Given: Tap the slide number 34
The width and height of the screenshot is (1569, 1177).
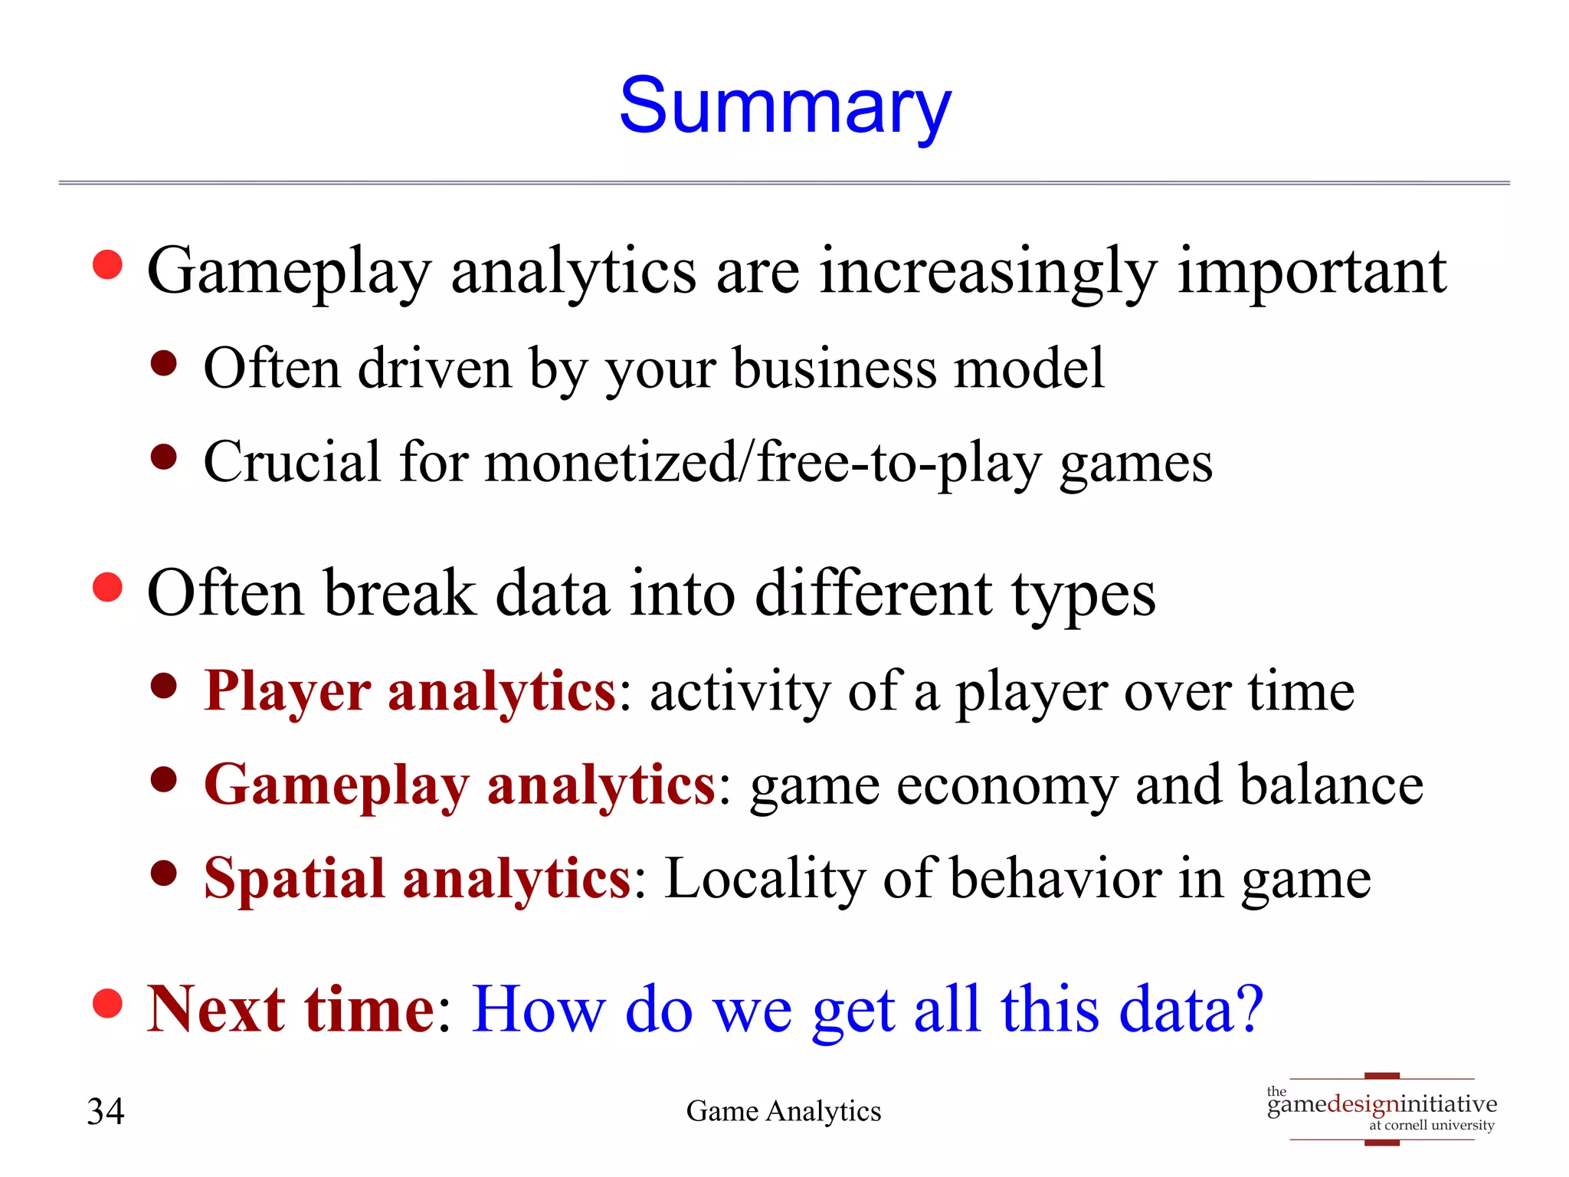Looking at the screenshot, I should tap(106, 1111).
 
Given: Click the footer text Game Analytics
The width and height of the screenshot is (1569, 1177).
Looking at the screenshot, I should tap(783, 1111).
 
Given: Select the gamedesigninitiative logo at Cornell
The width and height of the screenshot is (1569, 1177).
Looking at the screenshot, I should tap(1381, 1109).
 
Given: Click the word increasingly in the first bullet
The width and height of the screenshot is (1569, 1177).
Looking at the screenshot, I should tap(988, 273).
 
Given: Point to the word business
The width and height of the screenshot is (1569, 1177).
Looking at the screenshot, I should tap(834, 369).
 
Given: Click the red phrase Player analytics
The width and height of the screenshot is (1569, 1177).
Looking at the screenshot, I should tap(409, 692).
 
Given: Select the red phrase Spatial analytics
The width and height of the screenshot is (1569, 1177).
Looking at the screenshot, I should tap(417, 879).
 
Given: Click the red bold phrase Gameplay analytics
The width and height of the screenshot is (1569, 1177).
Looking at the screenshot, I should tap(459, 785).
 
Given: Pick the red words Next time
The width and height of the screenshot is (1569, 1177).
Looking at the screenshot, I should tap(290, 1009).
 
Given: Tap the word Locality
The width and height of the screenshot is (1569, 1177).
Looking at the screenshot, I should tap(763, 879).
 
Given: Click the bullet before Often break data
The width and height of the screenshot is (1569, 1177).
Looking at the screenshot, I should tap(107, 588).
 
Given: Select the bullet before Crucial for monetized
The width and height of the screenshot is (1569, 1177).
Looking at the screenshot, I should tap(164, 457).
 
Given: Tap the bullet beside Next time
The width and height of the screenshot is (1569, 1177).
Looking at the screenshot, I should tap(107, 1003).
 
